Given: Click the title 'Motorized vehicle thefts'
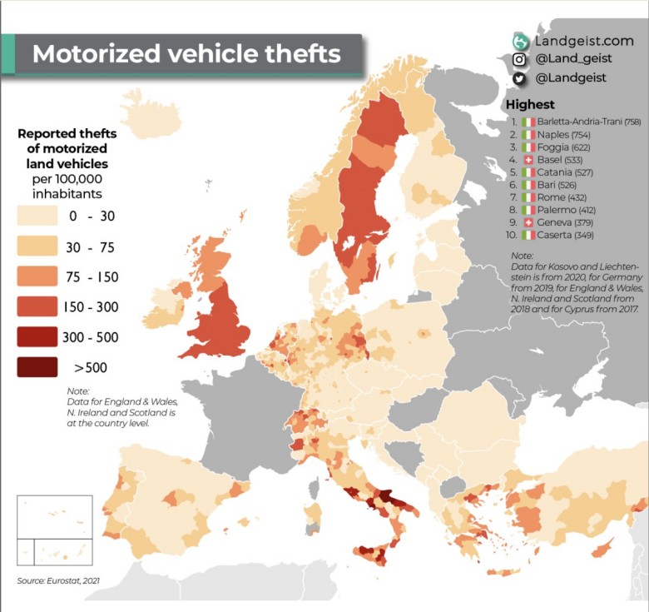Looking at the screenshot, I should [186, 54].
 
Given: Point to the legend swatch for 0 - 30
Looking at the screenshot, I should [37, 217].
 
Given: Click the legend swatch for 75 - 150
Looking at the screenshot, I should [37, 277].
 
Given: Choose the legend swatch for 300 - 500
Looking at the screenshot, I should [37, 337].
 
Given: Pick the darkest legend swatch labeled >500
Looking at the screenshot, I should [37, 367].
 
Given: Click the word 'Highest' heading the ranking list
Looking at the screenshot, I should [530, 105].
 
